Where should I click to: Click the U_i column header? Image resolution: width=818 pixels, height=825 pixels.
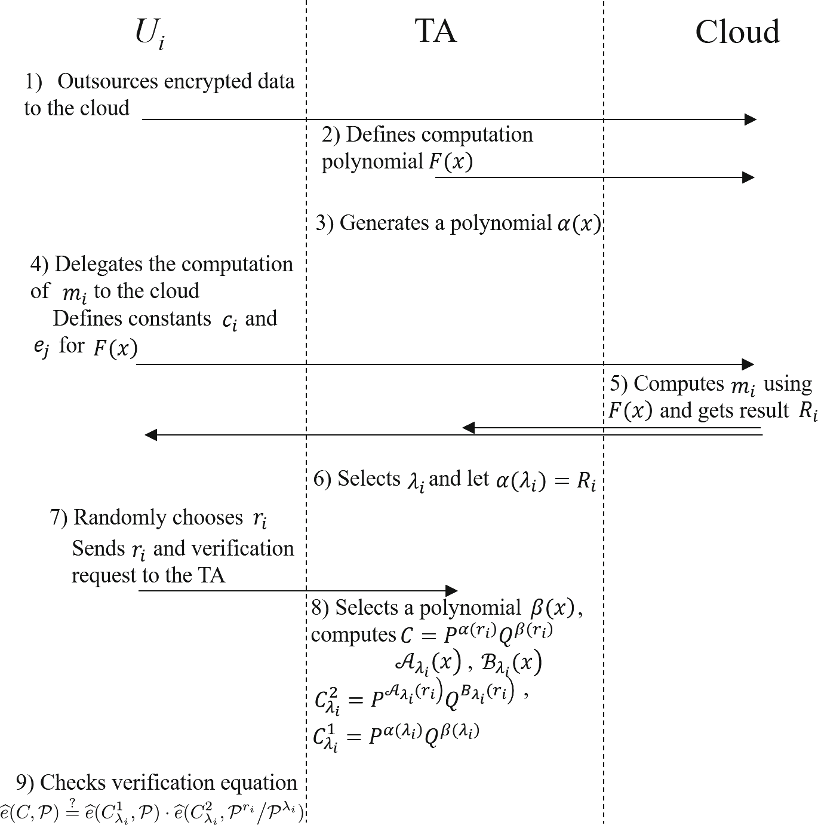(x=149, y=33)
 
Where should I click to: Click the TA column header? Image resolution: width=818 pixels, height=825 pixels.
(x=436, y=31)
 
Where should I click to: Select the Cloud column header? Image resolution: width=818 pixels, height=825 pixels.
(x=737, y=32)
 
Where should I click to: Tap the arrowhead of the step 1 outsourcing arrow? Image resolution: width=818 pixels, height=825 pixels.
(x=751, y=119)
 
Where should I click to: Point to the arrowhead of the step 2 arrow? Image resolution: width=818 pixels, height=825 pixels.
(x=748, y=177)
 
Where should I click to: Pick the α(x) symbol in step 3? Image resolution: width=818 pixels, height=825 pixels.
(x=579, y=223)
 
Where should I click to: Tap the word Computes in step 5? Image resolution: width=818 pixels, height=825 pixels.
(x=679, y=384)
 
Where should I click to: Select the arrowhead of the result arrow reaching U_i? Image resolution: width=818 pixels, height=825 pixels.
(x=151, y=435)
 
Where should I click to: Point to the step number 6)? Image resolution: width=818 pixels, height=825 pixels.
(x=322, y=479)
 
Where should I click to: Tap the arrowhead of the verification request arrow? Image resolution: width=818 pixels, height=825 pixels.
(x=451, y=591)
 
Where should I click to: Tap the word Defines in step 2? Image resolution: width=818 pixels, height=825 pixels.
(x=374, y=134)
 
